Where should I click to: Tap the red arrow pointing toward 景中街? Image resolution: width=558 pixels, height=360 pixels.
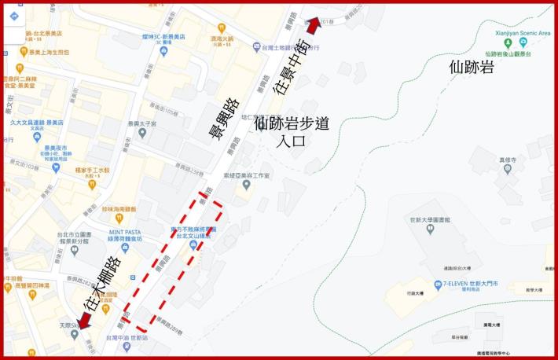point(313,26)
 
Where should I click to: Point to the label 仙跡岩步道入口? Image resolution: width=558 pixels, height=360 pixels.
point(291,131)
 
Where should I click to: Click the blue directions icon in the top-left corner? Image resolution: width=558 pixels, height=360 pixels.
point(15,17)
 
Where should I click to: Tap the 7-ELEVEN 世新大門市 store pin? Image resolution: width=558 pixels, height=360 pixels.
point(438,285)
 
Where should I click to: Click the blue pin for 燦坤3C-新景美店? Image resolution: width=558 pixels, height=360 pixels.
point(163,51)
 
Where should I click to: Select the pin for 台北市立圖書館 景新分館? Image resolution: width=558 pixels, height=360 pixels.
point(74,251)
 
